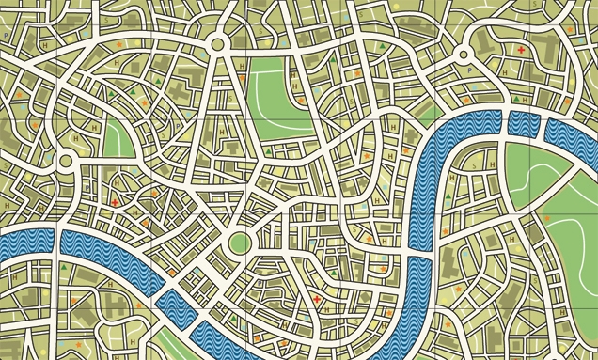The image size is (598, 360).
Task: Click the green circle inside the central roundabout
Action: tap(239, 243)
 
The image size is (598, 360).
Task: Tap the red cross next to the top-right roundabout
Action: tap(518, 49)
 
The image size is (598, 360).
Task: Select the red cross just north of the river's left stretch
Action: tap(116, 202)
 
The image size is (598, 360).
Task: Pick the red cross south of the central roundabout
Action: tap(317, 300)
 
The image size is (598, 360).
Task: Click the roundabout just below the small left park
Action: tap(66, 163)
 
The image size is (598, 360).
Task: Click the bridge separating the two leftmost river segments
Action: tap(51, 242)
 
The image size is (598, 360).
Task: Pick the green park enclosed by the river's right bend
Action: tap(536, 169)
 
